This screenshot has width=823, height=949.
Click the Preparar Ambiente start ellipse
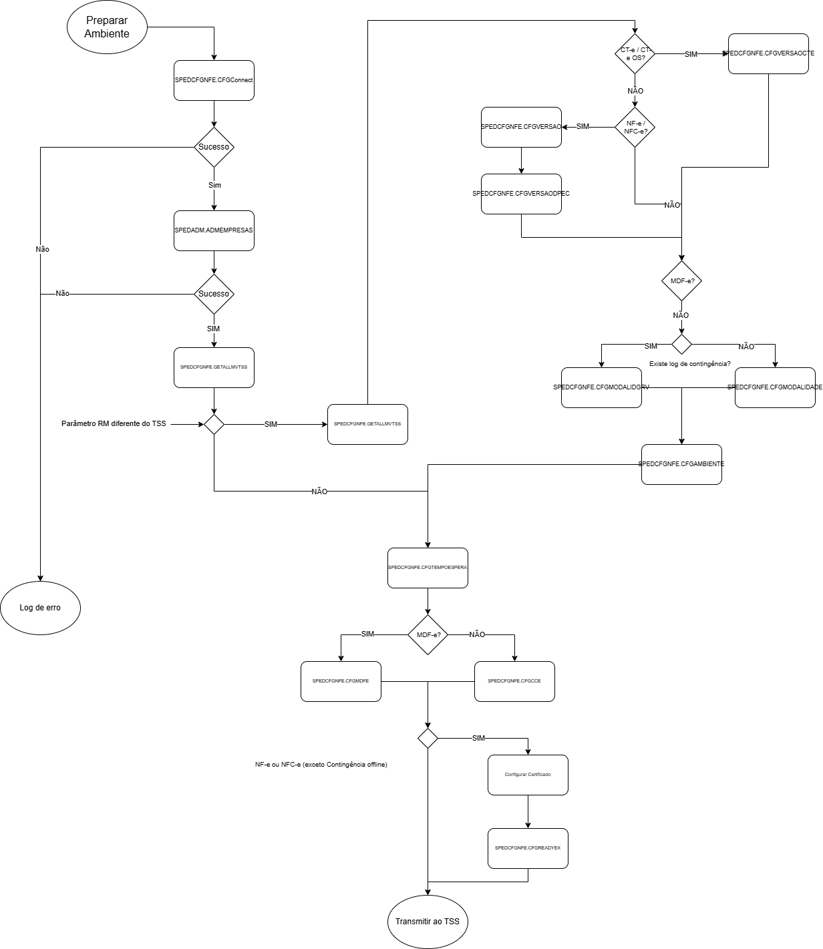[x=107, y=27]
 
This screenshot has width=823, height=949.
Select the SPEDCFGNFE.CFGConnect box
[x=214, y=80]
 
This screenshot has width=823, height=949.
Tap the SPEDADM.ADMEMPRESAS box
[x=214, y=230]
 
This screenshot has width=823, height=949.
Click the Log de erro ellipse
[x=40, y=608]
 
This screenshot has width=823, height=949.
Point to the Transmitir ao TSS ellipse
[x=428, y=922]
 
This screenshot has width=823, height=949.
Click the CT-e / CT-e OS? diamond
[x=635, y=53]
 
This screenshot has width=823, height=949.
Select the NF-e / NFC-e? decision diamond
[x=635, y=127]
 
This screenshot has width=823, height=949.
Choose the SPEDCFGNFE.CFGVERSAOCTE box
[x=768, y=53]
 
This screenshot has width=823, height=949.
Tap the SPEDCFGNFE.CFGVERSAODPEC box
[x=521, y=194]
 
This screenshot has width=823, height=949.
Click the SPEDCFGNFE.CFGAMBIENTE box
[x=681, y=464]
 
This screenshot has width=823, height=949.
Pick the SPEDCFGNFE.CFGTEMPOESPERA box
[x=428, y=568]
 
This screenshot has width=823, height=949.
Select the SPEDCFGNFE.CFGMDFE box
[x=341, y=681]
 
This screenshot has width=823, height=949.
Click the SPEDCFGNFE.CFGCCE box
[x=514, y=681]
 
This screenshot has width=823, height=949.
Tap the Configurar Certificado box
[x=528, y=775]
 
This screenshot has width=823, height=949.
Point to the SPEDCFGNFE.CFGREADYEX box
[x=528, y=848]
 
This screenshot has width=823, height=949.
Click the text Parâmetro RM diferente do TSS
[x=114, y=424]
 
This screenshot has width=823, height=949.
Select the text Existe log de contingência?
[x=689, y=364]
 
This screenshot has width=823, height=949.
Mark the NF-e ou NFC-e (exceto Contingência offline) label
[x=321, y=765]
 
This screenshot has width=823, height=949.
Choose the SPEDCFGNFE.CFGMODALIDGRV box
[x=601, y=387]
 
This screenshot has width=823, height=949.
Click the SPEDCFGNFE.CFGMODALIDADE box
[x=775, y=387]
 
